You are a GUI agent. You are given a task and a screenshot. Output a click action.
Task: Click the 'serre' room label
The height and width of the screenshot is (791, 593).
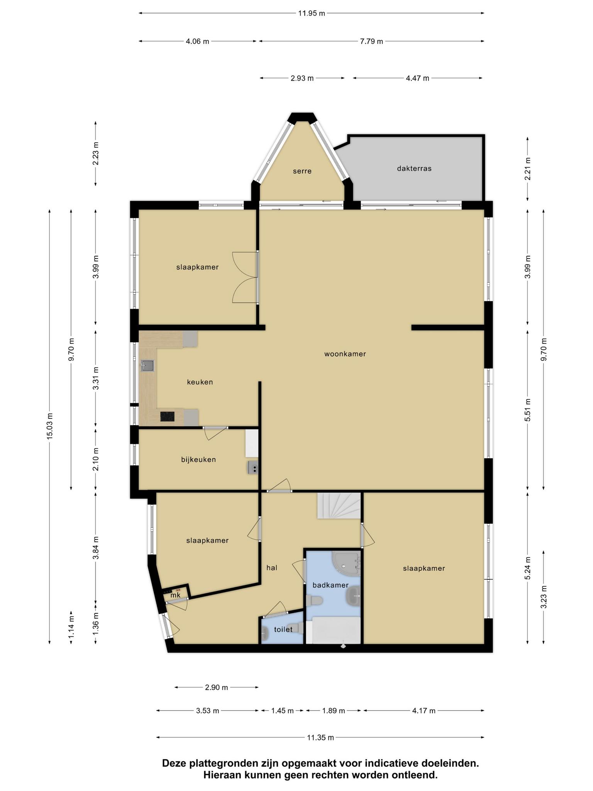coord(302,171)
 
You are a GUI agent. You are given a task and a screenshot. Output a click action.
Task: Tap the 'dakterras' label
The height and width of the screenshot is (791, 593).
coord(414,168)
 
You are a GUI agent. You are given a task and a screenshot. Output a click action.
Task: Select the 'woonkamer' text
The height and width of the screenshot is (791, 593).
coord(345,354)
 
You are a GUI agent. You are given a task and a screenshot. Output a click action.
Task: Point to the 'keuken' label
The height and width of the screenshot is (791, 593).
coord(200,382)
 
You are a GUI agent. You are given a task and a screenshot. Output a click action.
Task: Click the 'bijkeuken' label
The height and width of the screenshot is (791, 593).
coord(198,460)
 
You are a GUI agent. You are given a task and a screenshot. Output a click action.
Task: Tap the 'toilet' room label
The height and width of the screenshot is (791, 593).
coord(283,629)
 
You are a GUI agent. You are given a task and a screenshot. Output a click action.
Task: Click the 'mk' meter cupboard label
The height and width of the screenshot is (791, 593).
coord(176,595)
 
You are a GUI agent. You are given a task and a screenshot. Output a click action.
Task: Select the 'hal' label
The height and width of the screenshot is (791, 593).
coord(272,568)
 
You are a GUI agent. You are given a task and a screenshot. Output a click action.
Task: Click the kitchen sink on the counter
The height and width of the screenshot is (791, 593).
coord(147,365)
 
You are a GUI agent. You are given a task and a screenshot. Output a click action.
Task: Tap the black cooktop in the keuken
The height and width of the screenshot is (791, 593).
coord(167,416)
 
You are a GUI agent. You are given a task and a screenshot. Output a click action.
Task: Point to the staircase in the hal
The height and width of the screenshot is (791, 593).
coord(339,506)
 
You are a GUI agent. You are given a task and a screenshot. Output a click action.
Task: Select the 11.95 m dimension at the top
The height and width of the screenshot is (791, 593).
coord(312,13)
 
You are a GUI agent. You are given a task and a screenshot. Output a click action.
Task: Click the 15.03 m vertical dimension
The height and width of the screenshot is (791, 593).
coord(50,426)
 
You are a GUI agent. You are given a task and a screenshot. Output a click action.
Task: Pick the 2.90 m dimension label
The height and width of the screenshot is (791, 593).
coord(217,687)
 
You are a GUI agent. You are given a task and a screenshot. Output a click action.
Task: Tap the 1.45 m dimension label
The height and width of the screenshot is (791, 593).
coord(283,711)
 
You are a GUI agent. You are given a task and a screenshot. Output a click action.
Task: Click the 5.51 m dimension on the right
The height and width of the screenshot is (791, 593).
coord(528,410)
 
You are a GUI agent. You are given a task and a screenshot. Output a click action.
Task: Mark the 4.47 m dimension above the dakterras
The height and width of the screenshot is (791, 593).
coord(418,78)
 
